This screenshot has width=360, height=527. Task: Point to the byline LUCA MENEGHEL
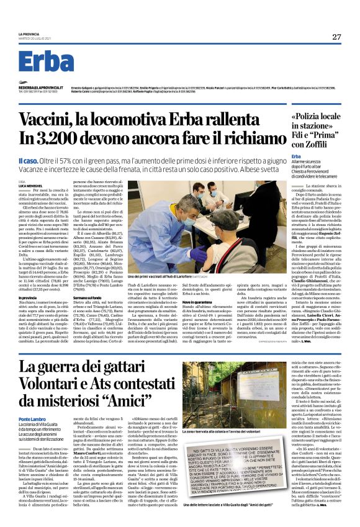[x=29, y=186]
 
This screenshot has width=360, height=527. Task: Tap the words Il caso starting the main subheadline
[x=29, y=160]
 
